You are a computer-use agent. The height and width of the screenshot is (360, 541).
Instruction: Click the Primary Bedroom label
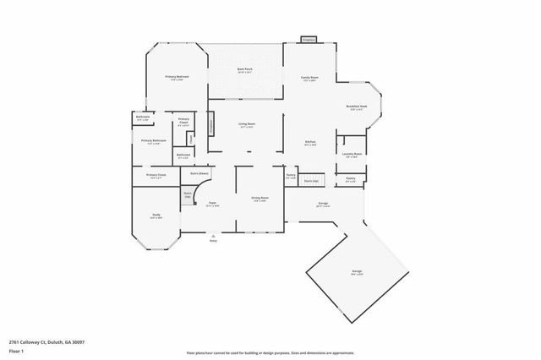pyautogui.click(x=177, y=77)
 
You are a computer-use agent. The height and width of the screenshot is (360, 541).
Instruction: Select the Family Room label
pyautogui.click(x=309, y=78)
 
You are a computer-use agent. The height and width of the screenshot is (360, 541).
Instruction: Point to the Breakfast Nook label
pyautogui.click(x=356, y=106)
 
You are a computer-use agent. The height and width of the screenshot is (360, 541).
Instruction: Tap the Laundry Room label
pyautogui.click(x=352, y=154)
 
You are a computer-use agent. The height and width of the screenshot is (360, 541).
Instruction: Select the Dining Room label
pyautogui.click(x=260, y=199)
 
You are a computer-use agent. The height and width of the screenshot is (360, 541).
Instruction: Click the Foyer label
pyautogui.click(x=213, y=203)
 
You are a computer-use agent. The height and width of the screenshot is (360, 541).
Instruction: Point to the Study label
pyautogui.click(x=156, y=215)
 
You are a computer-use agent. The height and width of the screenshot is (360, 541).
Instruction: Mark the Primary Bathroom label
pyautogui.click(x=153, y=140)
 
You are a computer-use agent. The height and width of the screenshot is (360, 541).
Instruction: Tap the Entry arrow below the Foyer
pyautogui.click(x=213, y=238)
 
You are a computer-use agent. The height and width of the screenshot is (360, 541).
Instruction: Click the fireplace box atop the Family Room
pyautogui.click(x=309, y=40)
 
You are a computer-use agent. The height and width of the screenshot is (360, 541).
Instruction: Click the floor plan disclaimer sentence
pyautogui.click(x=270, y=351)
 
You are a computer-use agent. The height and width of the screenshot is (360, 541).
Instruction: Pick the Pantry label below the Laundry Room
pyautogui.click(x=350, y=179)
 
